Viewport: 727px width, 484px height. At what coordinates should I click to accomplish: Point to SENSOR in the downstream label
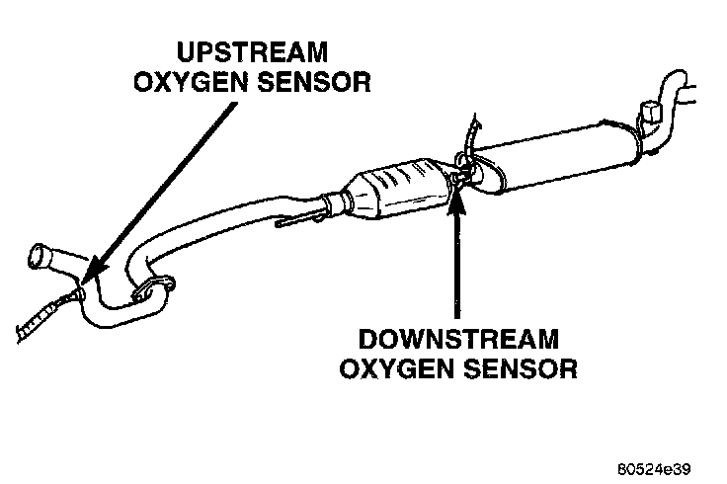click(x=524, y=370)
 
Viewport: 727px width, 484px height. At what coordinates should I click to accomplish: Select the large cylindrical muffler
click(x=562, y=153)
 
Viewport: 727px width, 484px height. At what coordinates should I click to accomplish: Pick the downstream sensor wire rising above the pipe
click(x=475, y=133)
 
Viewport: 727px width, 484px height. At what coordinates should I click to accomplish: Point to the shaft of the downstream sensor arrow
click(x=456, y=267)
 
